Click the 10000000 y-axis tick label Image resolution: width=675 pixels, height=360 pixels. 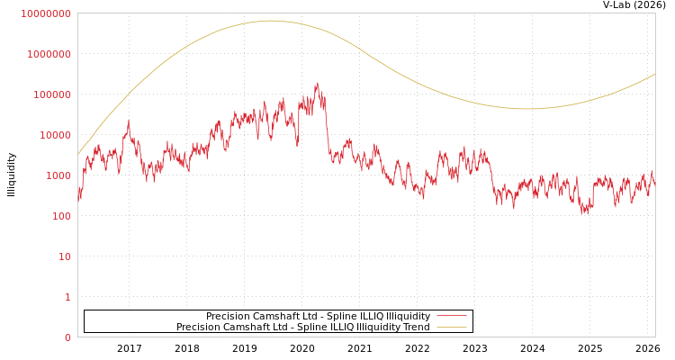45,13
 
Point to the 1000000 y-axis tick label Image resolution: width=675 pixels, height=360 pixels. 49,54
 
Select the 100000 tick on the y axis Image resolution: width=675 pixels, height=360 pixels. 51,94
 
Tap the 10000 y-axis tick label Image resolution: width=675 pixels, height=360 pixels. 54,135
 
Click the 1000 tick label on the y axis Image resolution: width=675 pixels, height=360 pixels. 57,175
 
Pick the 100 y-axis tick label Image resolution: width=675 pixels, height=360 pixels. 60,216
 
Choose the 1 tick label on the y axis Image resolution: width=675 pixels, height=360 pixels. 67,297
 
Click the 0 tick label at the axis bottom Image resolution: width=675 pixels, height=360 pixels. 67,337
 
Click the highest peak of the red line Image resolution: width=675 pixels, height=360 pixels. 317,83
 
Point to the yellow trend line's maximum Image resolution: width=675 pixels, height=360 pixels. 271,21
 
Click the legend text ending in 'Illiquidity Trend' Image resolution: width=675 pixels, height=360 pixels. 302,327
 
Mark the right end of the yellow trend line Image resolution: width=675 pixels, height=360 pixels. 654,74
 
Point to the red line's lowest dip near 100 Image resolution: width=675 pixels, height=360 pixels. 583,213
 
